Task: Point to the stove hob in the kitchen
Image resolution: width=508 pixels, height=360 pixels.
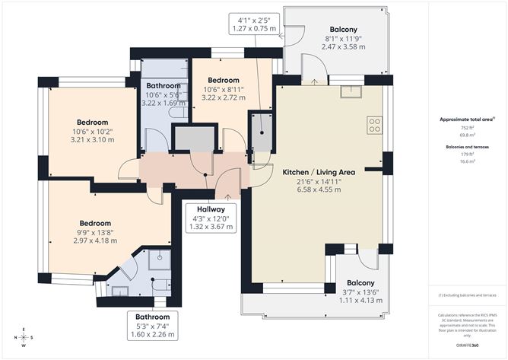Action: click(374, 125)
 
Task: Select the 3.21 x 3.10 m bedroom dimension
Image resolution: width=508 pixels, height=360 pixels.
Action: click(91, 140)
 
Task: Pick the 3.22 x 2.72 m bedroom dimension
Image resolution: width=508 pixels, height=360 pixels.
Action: click(224, 98)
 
